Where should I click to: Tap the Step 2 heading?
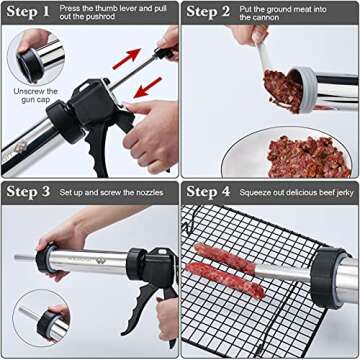coord(211,13)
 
